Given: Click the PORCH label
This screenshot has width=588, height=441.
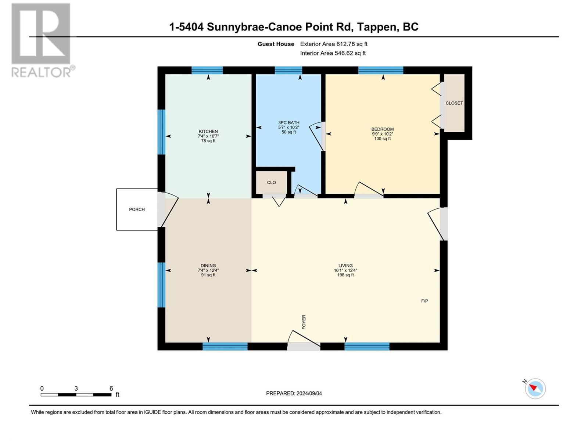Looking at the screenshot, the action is [137, 209].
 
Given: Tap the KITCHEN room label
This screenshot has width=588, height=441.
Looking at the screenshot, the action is [208, 132].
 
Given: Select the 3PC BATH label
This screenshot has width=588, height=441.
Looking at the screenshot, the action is [288, 123].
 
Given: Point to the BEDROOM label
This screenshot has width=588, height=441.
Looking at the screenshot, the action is [382, 129].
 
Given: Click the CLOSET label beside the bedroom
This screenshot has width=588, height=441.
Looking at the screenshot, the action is [454, 103].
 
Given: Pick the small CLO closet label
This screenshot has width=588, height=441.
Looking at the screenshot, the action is [271, 182].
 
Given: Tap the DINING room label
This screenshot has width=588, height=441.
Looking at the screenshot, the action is [208, 266].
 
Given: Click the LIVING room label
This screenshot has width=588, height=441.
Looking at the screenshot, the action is [345, 266].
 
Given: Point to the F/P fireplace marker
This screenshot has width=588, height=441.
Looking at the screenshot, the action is [424, 301].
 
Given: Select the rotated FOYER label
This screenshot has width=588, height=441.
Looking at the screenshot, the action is [304, 322].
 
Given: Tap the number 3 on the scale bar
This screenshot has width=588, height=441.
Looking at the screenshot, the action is [76, 388].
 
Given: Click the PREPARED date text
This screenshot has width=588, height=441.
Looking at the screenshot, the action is [294, 393].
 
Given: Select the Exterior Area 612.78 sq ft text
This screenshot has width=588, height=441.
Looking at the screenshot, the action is [334, 44].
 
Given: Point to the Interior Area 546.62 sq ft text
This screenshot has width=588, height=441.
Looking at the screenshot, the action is [333, 53].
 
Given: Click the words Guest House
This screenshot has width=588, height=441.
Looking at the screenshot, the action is [276, 44].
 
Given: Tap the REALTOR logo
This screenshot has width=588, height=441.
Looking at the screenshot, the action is [43, 40].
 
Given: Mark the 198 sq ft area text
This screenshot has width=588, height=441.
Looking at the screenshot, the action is [345, 275].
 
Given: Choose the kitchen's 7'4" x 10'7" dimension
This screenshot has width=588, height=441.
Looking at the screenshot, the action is [208, 136].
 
